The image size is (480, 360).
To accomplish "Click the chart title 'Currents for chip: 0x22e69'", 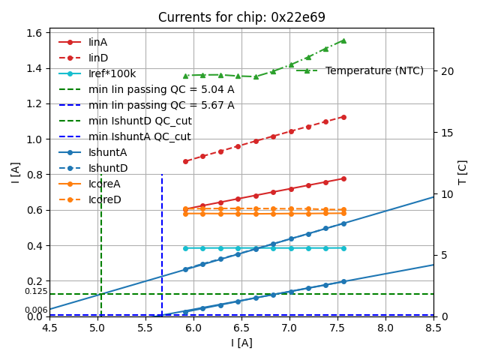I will [241, 17].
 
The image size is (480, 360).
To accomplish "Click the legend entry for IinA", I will [98, 42].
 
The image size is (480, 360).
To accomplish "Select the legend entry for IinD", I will [98, 58].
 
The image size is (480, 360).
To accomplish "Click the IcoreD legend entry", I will [104, 199].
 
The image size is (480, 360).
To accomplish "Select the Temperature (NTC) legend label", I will [374, 70].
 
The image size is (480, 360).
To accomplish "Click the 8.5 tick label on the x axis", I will [433, 328].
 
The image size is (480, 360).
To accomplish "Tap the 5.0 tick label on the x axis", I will [97, 328].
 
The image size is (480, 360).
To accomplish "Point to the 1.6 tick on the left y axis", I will [35, 33].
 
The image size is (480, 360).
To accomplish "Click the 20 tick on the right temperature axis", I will [446, 71].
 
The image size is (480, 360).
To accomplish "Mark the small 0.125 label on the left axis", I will [36, 291].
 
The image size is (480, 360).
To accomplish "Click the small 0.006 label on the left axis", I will [36, 310].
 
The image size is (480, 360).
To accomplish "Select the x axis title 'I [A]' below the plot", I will [241, 343].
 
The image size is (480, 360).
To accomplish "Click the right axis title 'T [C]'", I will [463, 172].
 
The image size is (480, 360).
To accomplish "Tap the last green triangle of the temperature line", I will [343, 40].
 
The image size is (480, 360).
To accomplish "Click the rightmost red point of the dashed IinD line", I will [343, 117].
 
